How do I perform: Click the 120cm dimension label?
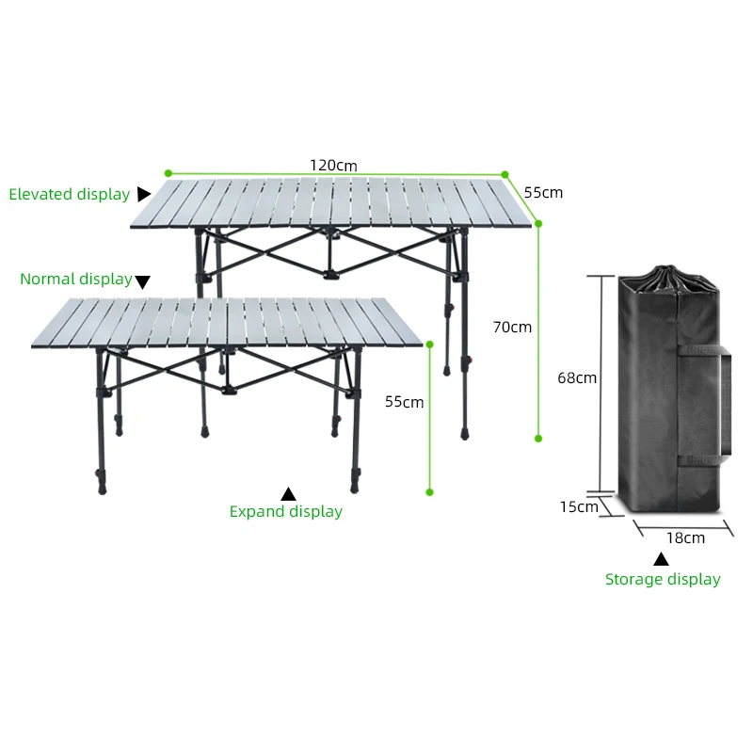click(333, 165)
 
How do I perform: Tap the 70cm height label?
click(512, 328)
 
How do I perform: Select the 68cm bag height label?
click(577, 377)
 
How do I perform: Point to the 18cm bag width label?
click(685, 538)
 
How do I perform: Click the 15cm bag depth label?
click(578, 506)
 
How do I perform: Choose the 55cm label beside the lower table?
click(404, 402)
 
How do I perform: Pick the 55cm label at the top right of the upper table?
click(543, 192)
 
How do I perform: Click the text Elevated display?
click(69, 195)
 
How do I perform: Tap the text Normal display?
click(75, 280)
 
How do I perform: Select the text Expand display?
click(286, 512)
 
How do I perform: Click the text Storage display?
click(663, 580)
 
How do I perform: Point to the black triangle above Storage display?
click(662, 558)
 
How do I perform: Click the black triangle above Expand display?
click(289, 493)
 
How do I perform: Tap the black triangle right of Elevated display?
click(143, 194)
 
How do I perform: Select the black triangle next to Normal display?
click(142, 280)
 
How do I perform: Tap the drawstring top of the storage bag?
click(671, 279)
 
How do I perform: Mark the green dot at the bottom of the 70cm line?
click(538, 438)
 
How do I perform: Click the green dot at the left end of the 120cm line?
click(168, 173)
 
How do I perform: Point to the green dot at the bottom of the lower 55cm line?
click(430, 491)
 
